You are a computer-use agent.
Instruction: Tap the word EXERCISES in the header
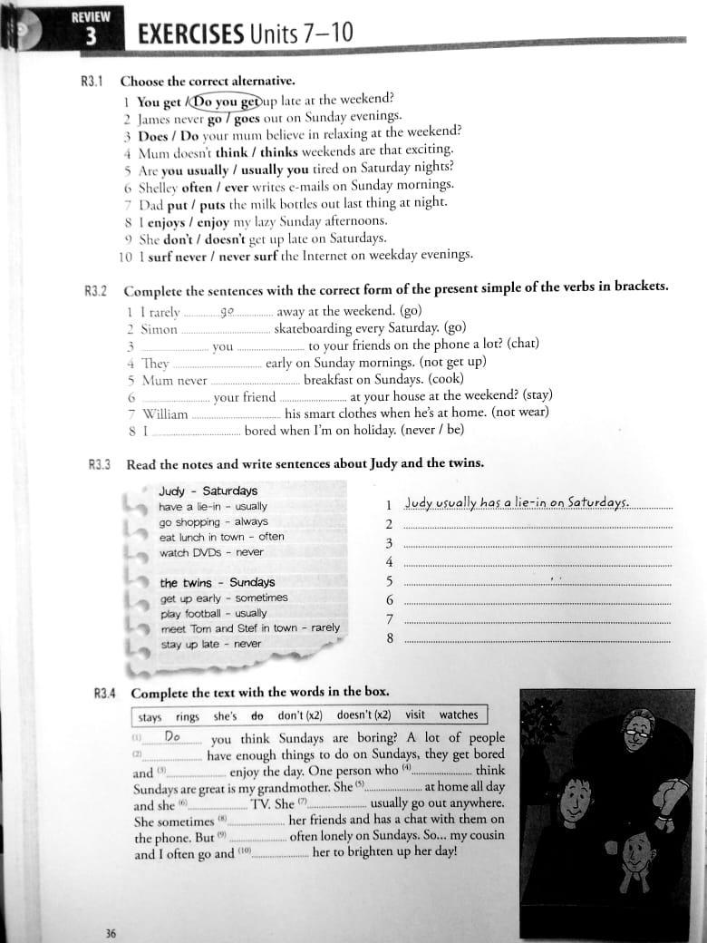click(x=189, y=35)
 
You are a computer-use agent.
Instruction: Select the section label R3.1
click(x=93, y=82)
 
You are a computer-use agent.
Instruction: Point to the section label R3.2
click(x=95, y=291)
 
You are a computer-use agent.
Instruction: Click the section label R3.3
click(x=99, y=464)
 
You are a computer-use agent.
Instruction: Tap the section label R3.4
click(x=105, y=695)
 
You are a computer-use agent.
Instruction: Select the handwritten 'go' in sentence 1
click(x=227, y=311)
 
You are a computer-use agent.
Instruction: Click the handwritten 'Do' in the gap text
click(x=172, y=737)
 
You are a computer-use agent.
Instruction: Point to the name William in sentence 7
click(x=165, y=414)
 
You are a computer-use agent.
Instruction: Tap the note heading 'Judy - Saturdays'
click(x=208, y=491)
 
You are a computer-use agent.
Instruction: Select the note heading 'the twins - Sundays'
click(x=217, y=582)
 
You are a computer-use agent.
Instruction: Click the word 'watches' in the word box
click(x=458, y=715)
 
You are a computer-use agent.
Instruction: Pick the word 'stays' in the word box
click(x=150, y=717)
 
